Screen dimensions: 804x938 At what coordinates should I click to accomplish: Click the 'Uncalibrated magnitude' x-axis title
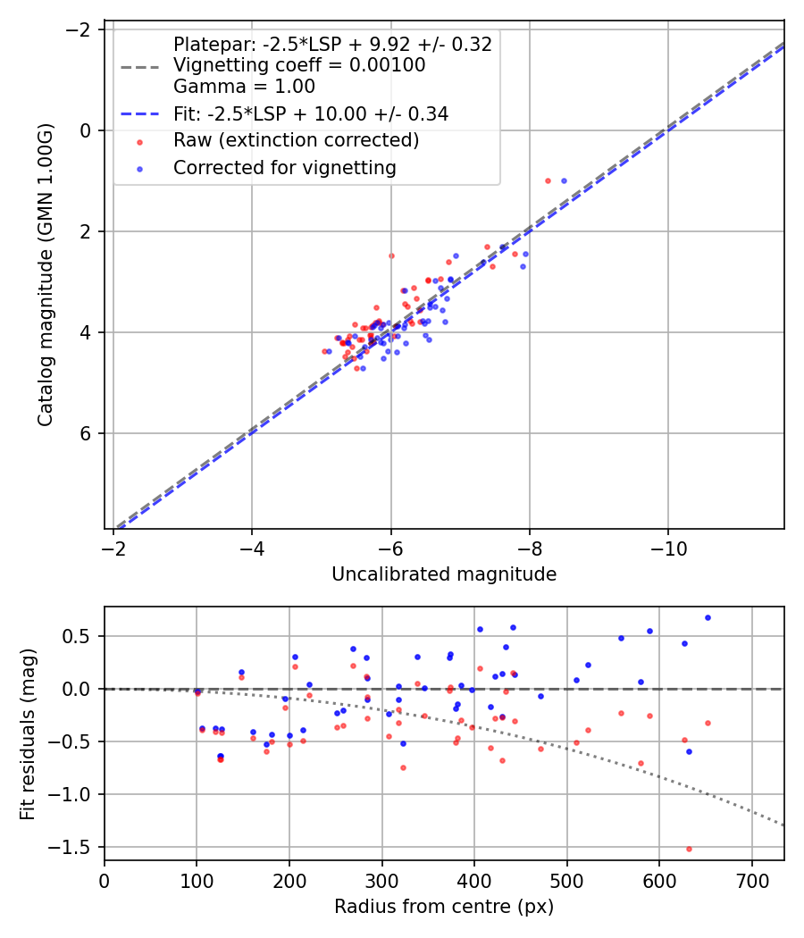pos(444,574)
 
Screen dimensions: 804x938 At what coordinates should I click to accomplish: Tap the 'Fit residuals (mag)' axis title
pos(28,734)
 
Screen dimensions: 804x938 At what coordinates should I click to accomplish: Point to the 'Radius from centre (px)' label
pos(444,907)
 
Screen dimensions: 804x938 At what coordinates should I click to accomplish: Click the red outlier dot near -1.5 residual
pos(689,849)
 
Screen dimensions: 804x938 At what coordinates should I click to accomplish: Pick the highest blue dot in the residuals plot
pos(708,618)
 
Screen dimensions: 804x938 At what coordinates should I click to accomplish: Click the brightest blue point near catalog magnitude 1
pos(564,180)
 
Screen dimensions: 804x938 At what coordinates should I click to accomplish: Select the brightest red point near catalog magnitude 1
pos(548,180)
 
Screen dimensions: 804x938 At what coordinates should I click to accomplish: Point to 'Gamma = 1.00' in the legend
pos(244,86)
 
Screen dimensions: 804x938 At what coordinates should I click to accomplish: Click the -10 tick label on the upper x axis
pos(668,548)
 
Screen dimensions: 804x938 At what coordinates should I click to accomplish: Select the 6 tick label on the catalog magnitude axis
pos(86,433)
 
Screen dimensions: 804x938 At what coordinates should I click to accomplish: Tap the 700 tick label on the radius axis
pos(751,881)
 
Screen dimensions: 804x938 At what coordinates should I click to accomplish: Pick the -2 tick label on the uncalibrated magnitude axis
pos(113,548)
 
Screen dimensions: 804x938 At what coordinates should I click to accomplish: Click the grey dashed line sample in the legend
pos(140,66)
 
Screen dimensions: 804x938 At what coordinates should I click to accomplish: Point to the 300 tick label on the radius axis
pos(381,881)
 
